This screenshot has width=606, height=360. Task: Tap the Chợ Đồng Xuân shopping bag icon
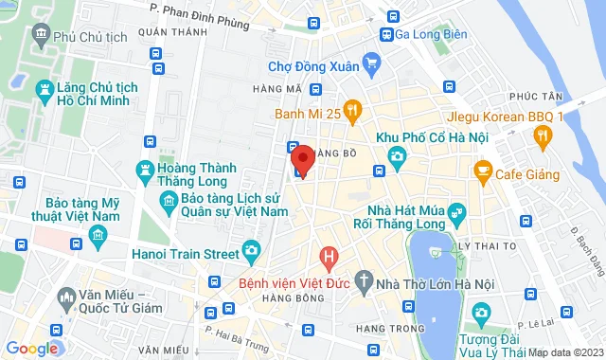[371, 66]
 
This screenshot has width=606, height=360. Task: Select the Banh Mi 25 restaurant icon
[352, 113]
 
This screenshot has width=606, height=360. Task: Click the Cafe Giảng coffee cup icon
[483, 171]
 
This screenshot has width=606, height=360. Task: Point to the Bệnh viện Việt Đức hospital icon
[329, 256]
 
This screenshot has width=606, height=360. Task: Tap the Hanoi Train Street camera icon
[251, 251]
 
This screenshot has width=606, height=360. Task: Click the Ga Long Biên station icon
[386, 34]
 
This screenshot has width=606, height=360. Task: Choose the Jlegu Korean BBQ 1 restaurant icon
[542, 138]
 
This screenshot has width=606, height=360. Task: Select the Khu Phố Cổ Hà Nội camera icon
[397, 154]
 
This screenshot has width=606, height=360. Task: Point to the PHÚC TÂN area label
[531, 96]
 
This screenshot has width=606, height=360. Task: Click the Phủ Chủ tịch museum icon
[41, 36]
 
